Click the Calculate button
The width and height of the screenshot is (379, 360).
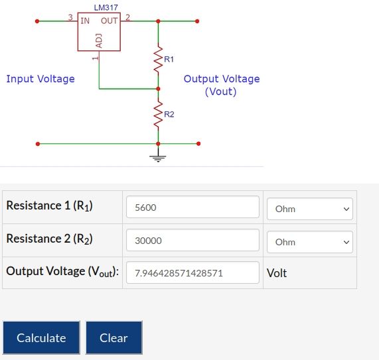coord(41,337)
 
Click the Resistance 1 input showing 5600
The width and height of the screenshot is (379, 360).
coord(192,207)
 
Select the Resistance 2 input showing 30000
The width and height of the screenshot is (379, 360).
coord(192,240)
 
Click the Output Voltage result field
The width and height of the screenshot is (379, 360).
coord(192,272)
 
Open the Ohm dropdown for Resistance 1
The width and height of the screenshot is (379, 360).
coord(309,209)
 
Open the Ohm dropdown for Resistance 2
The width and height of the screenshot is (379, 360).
coord(309,242)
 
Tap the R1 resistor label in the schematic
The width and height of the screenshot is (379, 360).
coord(169,59)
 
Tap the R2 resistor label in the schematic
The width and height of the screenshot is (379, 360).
coord(169,114)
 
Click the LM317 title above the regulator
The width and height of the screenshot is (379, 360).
coord(106,8)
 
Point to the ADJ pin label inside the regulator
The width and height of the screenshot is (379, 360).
coord(99,41)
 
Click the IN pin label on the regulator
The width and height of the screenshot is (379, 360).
coord(85,21)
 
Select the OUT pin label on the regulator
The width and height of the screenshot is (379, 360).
coord(110,21)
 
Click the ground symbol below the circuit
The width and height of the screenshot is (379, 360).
coord(158,158)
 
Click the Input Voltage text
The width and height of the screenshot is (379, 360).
coord(40,79)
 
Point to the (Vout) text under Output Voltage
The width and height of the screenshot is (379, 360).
coord(220,91)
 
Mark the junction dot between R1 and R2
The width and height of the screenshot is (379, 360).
coord(158,89)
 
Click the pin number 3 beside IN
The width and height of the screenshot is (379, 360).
coord(70,17)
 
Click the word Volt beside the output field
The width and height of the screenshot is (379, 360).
coord(277,273)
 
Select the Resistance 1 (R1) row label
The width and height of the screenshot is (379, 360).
coord(49,206)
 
